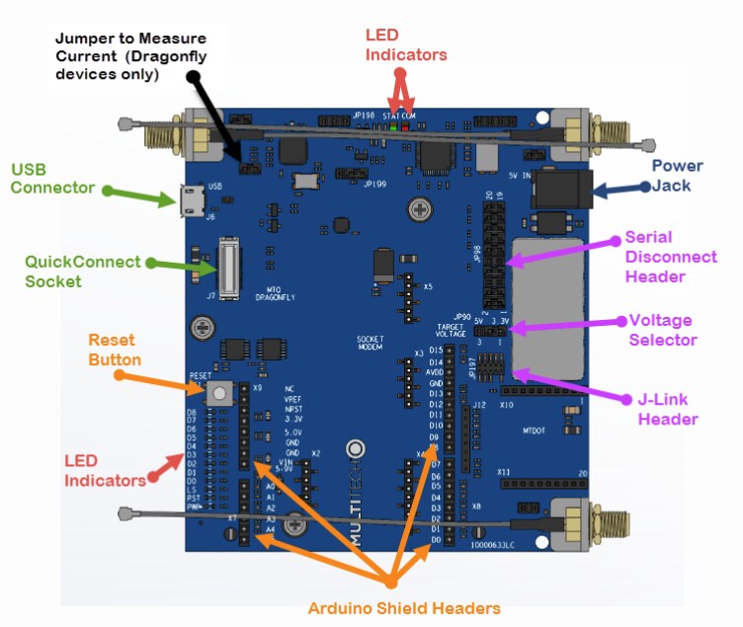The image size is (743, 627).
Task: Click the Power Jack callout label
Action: point(677,176)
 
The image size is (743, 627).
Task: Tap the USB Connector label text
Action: point(52,178)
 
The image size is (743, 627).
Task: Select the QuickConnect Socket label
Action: point(83,272)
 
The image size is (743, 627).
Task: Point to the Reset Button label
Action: point(116,350)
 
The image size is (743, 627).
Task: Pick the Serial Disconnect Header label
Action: point(671,257)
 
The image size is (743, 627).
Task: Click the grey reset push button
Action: point(218,393)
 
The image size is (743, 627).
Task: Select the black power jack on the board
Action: point(559,187)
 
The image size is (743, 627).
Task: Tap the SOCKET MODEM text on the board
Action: point(370,343)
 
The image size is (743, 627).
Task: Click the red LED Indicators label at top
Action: point(405,45)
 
